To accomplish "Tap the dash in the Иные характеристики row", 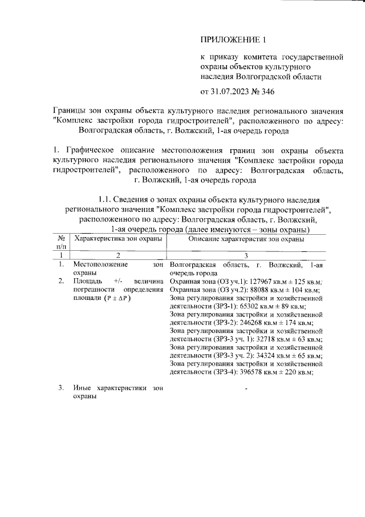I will click(246, 389).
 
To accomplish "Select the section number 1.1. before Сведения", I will click(108, 199).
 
